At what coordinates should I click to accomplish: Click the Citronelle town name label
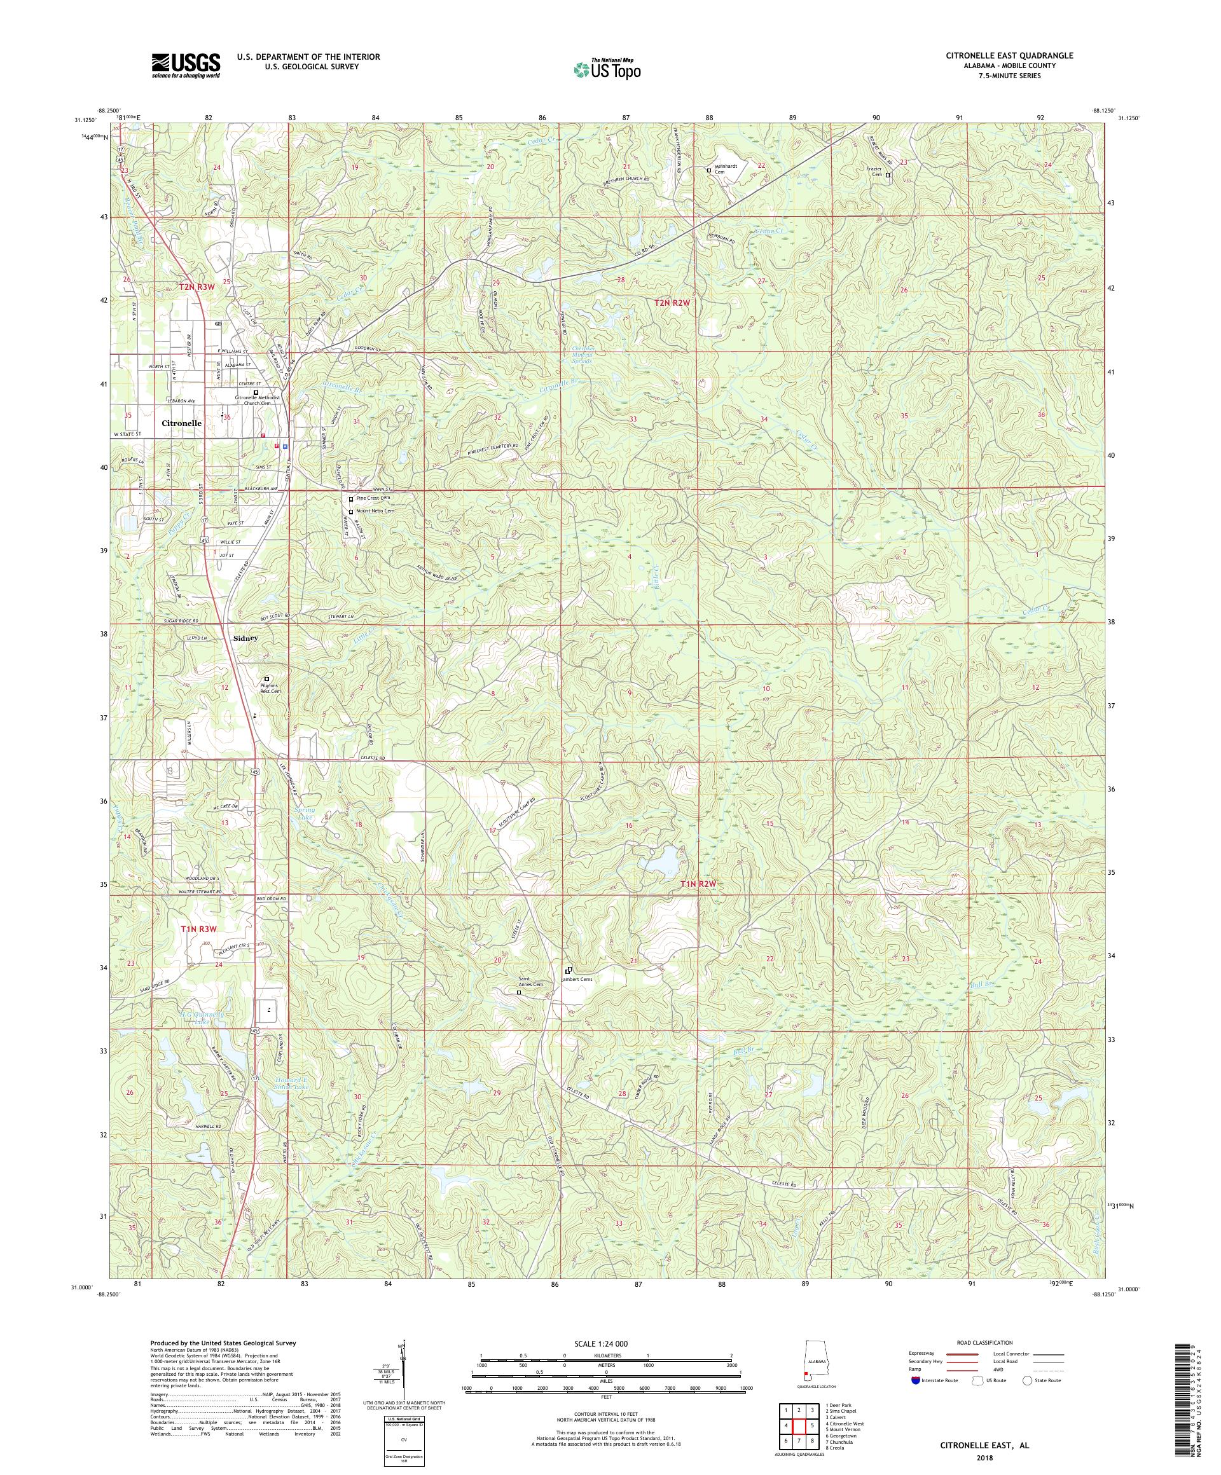click(181, 423)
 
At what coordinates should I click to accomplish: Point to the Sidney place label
click(245, 638)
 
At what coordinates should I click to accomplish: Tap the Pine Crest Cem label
click(373, 498)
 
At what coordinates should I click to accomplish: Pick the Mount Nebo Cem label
click(375, 511)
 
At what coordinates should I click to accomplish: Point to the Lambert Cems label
click(577, 979)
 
